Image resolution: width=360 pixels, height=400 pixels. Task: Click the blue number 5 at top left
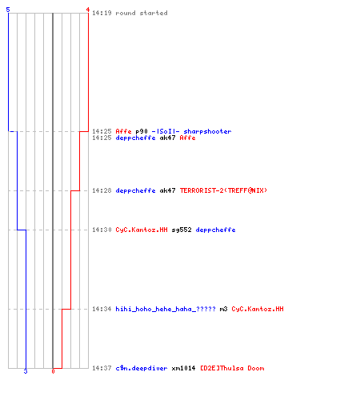(8, 10)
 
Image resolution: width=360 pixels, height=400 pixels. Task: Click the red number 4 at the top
(88, 10)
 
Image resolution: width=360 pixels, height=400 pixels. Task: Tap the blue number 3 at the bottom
(26, 371)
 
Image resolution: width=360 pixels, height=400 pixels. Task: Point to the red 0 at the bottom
(53, 371)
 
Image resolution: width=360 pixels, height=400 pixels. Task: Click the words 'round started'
(142, 13)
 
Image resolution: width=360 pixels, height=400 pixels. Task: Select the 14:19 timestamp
(102, 13)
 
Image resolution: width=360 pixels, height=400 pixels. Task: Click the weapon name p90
(142, 131)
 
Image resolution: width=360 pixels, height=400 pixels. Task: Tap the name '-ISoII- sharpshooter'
(191, 131)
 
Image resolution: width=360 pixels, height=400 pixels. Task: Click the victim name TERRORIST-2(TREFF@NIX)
(223, 190)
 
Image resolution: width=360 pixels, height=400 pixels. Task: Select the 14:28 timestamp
(102, 190)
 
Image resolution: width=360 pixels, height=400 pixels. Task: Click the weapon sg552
(182, 230)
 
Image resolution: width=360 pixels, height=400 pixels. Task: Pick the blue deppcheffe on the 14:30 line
(215, 230)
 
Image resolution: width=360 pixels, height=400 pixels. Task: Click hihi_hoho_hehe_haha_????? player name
(166, 309)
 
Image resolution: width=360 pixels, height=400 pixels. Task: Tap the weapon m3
(223, 309)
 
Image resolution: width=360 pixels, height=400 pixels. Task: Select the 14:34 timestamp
(102, 309)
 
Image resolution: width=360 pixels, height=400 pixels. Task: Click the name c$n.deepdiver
(142, 368)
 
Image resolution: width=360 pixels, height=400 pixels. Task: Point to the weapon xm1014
(183, 368)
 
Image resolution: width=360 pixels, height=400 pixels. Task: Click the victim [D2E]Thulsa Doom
(232, 368)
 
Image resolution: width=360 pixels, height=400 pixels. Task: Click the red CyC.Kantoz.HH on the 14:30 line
(142, 230)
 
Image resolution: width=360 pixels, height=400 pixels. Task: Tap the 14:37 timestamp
(102, 368)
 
